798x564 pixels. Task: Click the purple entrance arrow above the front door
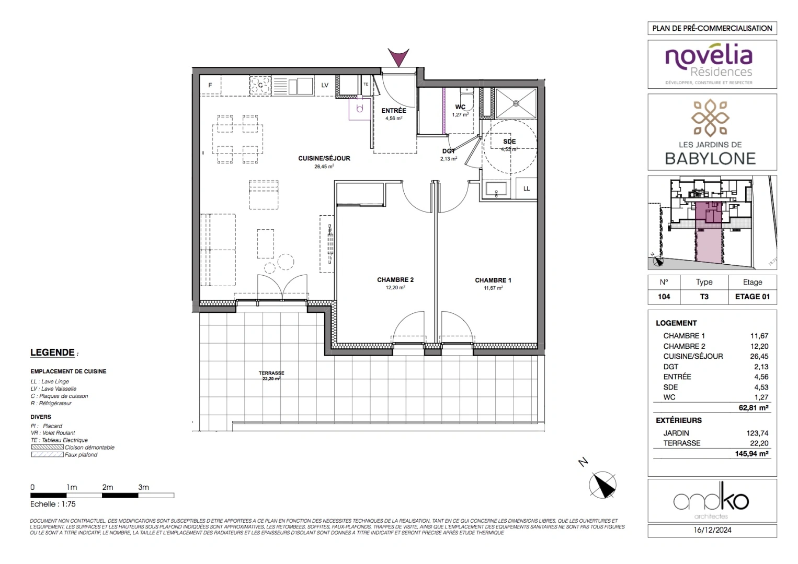coord(398,57)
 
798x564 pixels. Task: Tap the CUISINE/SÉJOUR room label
coord(324,158)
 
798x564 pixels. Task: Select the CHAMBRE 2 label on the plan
coord(395,280)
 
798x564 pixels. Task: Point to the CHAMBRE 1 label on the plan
coord(493,280)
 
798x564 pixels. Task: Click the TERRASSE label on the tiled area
coord(271,373)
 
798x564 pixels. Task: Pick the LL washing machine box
coord(527,189)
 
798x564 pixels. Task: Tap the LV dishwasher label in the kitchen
coord(325,85)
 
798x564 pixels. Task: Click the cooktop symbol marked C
coord(260,85)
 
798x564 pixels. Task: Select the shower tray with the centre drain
coord(516,103)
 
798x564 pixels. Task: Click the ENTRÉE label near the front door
coord(394,111)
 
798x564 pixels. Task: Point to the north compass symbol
coord(602,484)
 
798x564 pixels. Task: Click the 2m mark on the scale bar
coord(107,487)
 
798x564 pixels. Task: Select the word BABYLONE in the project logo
coord(710,159)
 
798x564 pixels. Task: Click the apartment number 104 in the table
coord(664,297)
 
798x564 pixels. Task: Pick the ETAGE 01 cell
coord(752,297)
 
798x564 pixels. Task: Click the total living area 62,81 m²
coord(753,408)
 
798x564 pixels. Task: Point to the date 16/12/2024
coord(712,530)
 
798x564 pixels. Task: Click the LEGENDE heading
coord(52,352)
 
